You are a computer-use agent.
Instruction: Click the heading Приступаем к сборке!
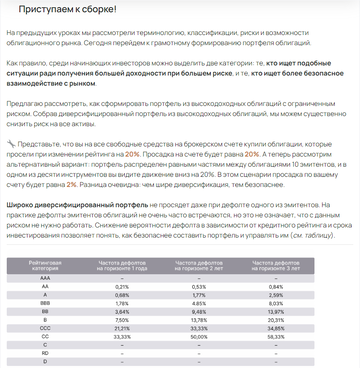[61, 9]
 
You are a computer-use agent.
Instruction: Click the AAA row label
[45, 251]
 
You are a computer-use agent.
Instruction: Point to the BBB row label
[45, 275]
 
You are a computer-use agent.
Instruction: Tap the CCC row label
[45, 299]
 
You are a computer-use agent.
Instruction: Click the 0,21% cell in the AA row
[122, 259]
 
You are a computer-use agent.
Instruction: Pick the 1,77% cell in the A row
[198, 267]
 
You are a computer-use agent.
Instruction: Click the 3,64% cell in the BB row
[122, 283]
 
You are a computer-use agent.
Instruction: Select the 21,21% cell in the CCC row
[122, 299]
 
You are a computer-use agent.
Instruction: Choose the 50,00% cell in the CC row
[198, 307]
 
